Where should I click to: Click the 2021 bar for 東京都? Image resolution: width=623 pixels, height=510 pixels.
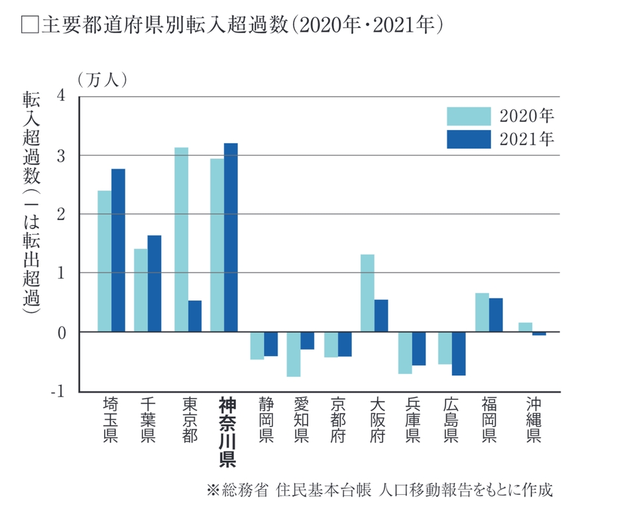[x=195, y=316]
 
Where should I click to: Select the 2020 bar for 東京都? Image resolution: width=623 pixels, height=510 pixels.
[x=181, y=239]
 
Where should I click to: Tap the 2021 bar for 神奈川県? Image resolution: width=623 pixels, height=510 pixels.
[x=231, y=237]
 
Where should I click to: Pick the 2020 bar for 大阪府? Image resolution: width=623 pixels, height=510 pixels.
[x=368, y=293]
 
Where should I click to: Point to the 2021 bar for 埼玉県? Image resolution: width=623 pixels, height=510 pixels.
[x=118, y=250]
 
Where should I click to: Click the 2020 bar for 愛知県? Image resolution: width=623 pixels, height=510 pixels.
[x=293, y=354]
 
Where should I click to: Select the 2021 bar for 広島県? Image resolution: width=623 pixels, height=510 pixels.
[x=459, y=353]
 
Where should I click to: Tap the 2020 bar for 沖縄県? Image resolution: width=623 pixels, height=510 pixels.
[x=525, y=327]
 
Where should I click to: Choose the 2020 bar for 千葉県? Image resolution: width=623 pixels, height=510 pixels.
[x=141, y=290]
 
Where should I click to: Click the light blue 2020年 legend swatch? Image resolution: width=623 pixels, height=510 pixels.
[x=469, y=117]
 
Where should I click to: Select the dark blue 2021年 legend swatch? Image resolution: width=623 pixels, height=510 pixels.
[x=469, y=139]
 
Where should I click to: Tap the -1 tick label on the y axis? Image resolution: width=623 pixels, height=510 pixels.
[x=58, y=391]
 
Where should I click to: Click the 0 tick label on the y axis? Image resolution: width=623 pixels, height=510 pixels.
[x=62, y=332]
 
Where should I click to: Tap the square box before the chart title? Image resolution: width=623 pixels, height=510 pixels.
[x=30, y=26]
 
